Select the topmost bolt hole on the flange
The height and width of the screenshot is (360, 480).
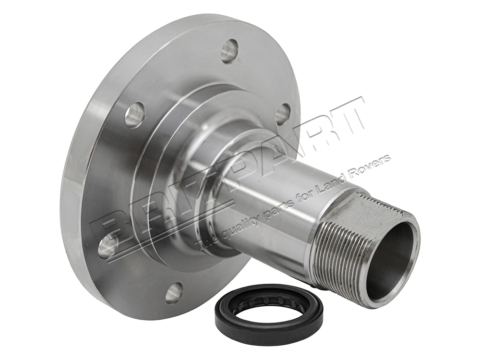point(229,51)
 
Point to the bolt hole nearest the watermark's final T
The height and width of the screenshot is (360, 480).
point(283,114)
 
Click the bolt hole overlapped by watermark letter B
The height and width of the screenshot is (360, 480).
point(108,245)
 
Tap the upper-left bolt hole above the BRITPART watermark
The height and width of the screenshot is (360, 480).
point(134,115)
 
